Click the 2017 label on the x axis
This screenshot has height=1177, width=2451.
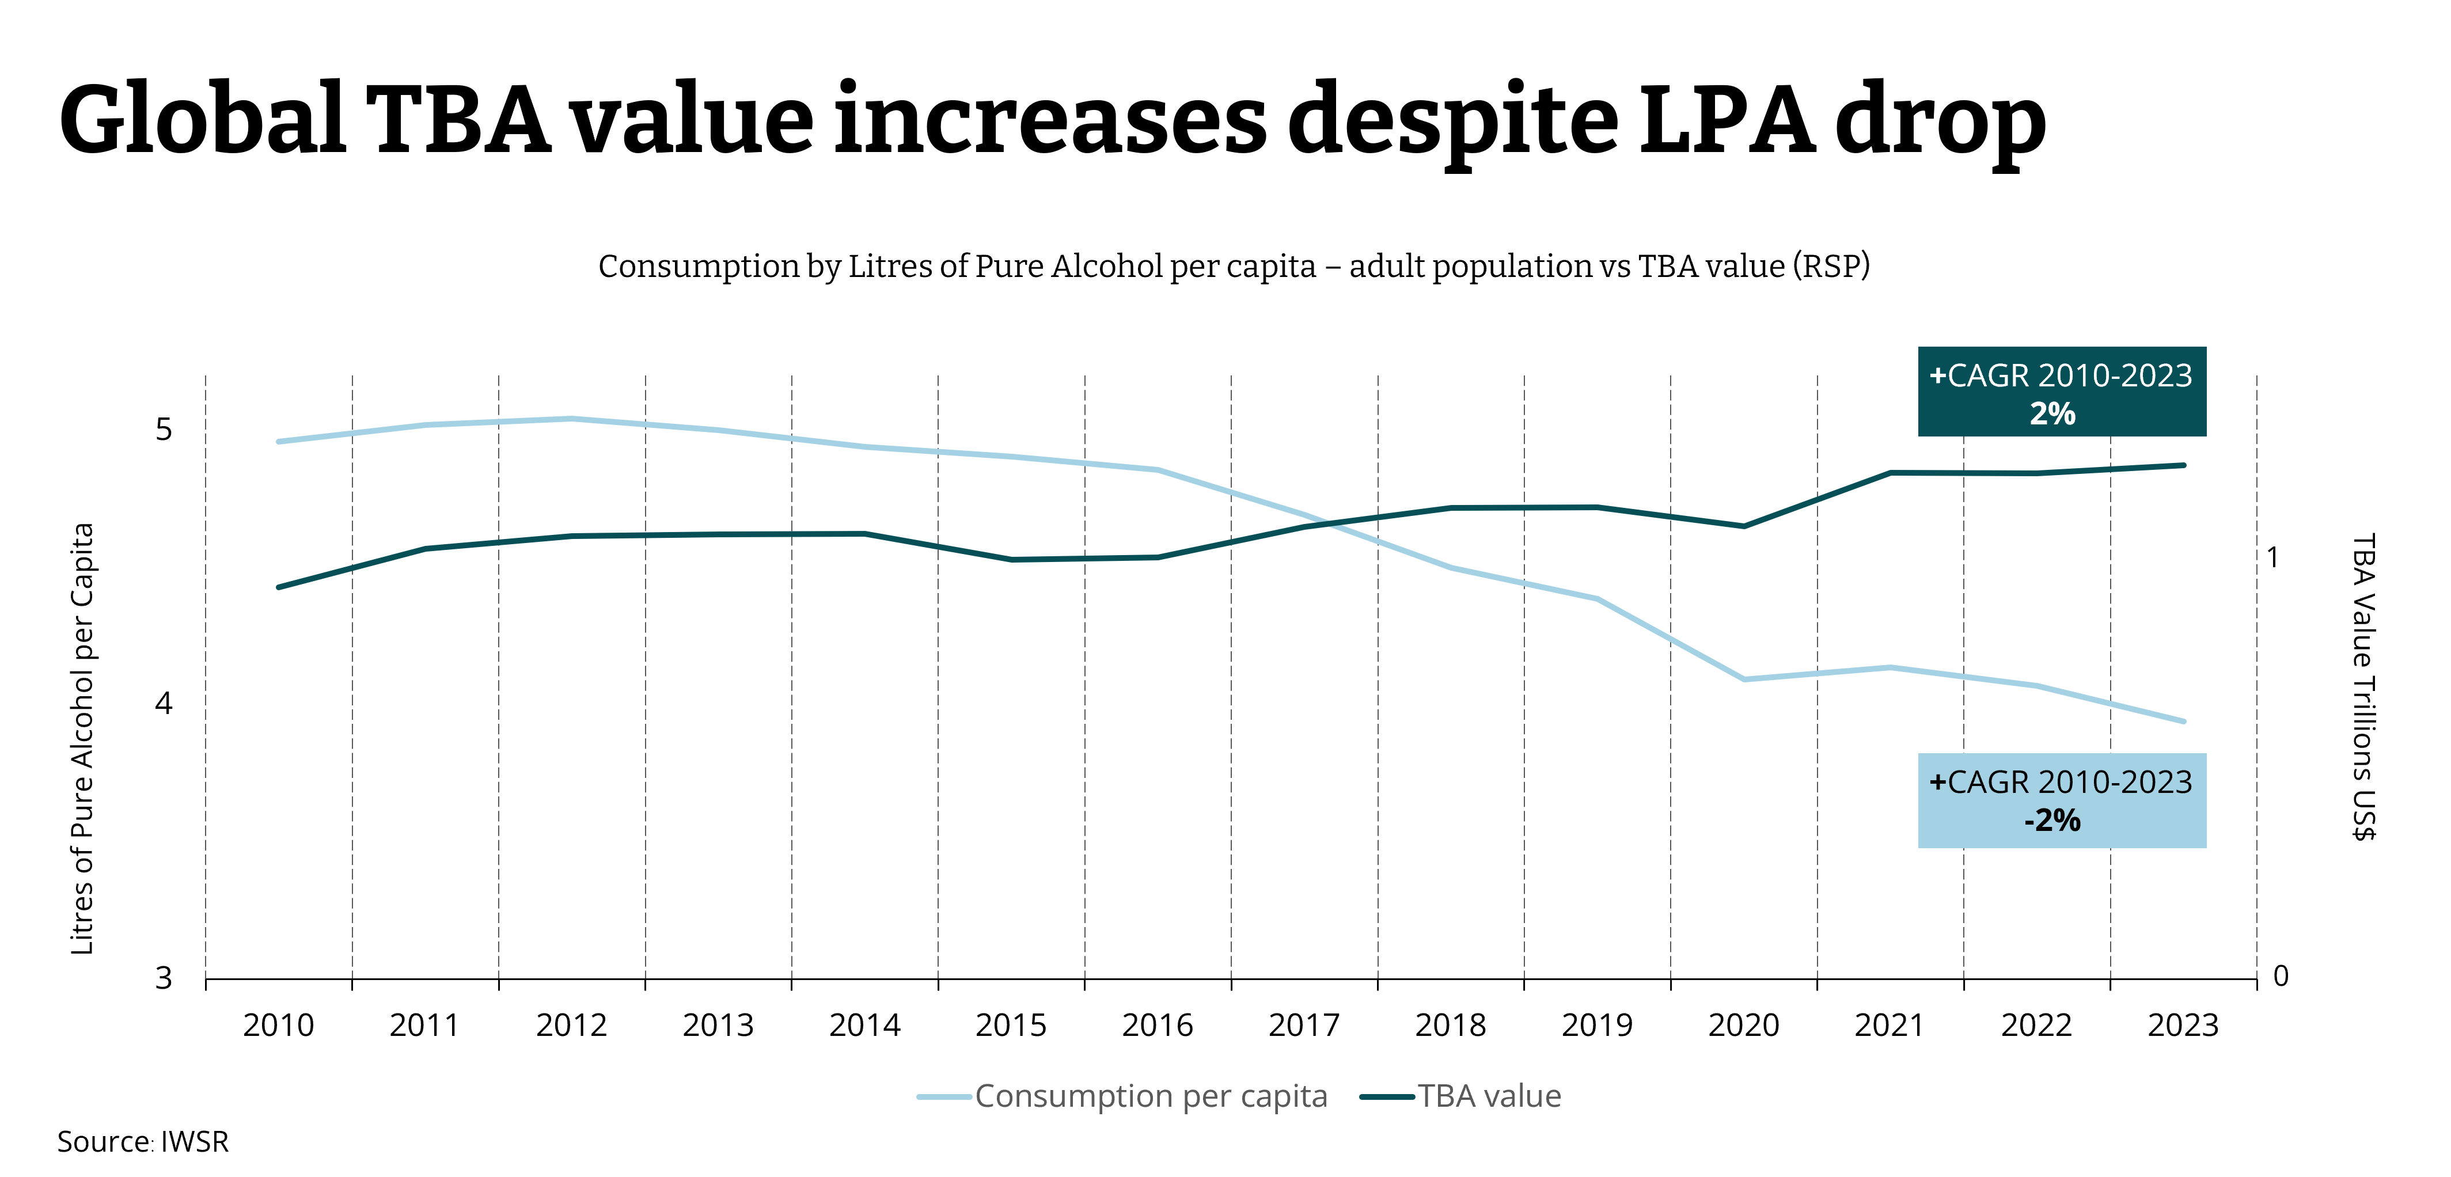click(1303, 1025)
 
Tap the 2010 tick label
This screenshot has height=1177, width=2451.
click(278, 1025)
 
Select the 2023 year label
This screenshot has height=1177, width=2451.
click(2183, 1025)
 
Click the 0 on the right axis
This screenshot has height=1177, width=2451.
click(2280, 975)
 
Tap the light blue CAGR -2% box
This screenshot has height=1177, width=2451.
click(2061, 800)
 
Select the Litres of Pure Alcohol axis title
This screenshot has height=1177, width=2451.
click(83, 738)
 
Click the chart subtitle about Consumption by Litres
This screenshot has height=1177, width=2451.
click(1233, 267)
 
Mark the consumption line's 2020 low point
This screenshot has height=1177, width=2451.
click(1743, 679)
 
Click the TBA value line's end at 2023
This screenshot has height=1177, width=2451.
click(2183, 465)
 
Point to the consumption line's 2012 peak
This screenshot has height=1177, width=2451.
click(571, 419)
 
